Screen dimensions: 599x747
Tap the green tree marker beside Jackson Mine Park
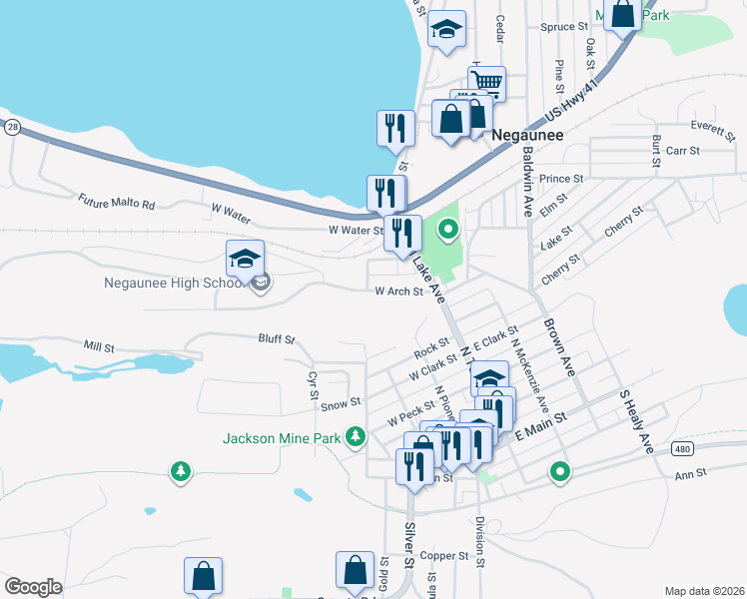click(x=355, y=436)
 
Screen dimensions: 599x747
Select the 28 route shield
click(x=11, y=127)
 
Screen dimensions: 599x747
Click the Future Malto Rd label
click(x=118, y=202)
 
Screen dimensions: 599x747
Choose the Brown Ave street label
click(x=559, y=346)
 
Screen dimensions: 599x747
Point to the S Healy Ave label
click(x=635, y=421)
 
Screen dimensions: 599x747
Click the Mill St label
click(x=100, y=346)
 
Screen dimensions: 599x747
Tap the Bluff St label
click(x=277, y=339)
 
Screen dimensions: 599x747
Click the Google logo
click(x=33, y=587)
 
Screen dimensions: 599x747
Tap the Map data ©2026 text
click(x=705, y=591)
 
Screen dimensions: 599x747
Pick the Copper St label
click(x=444, y=556)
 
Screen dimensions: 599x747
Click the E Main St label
click(x=540, y=426)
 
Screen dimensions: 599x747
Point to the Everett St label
click(x=712, y=127)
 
